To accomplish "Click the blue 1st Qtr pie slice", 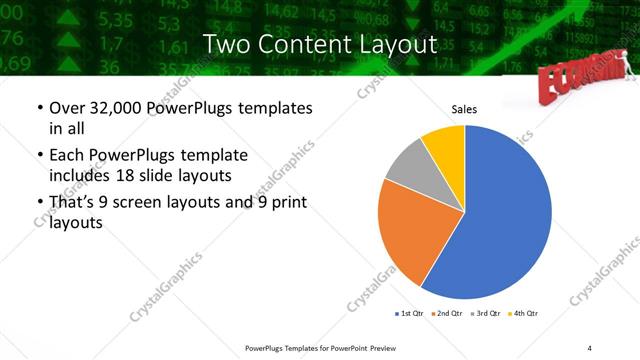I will coord(500,220).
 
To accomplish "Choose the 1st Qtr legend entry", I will coord(410,314).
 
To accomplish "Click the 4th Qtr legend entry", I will coord(525,314).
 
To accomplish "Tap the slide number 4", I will coord(589,347).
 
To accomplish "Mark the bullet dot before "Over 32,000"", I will coord(39,107).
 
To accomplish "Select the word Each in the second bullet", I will coord(68,155).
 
